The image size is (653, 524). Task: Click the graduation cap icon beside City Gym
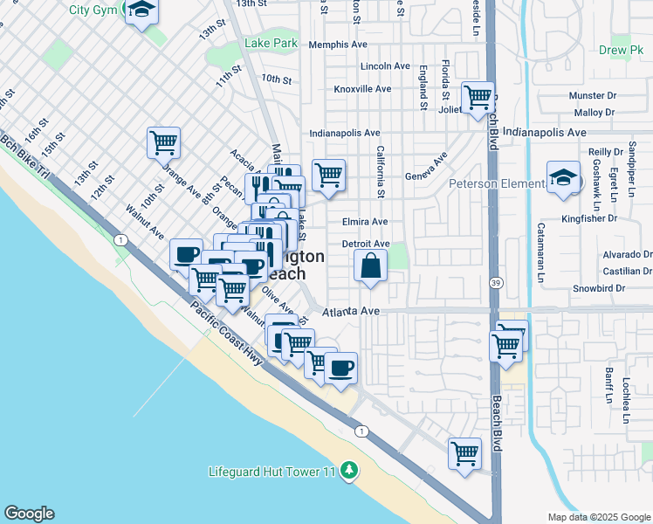[140, 11]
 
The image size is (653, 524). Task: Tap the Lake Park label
[271, 43]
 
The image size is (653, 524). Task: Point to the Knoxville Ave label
[362, 89]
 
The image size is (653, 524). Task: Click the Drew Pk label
[627, 52]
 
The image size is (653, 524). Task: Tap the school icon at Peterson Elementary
[564, 178]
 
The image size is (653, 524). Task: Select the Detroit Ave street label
[365, 244]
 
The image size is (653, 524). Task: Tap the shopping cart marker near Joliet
[478, 97]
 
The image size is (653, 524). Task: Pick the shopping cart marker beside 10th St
[163, 141]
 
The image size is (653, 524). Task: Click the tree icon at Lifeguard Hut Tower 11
[349, 472]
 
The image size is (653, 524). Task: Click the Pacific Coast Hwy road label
[225, 336]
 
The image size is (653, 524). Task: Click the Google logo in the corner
[29, 514]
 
